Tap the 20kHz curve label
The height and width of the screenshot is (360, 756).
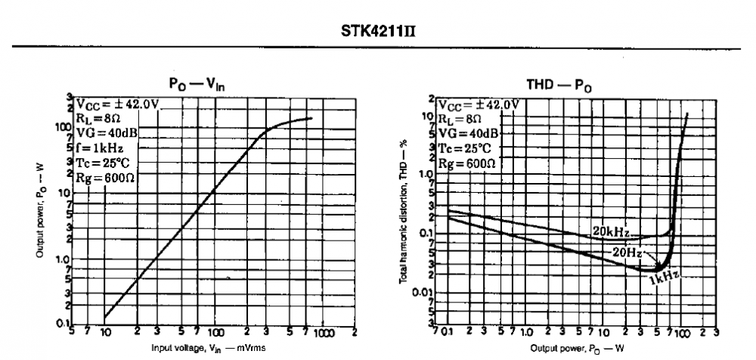click(609, 231)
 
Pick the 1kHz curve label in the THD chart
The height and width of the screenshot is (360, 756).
click(664, 279)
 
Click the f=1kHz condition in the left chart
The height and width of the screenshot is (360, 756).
click(99, 148)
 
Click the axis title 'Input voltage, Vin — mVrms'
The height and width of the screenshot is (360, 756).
click(206, 349)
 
